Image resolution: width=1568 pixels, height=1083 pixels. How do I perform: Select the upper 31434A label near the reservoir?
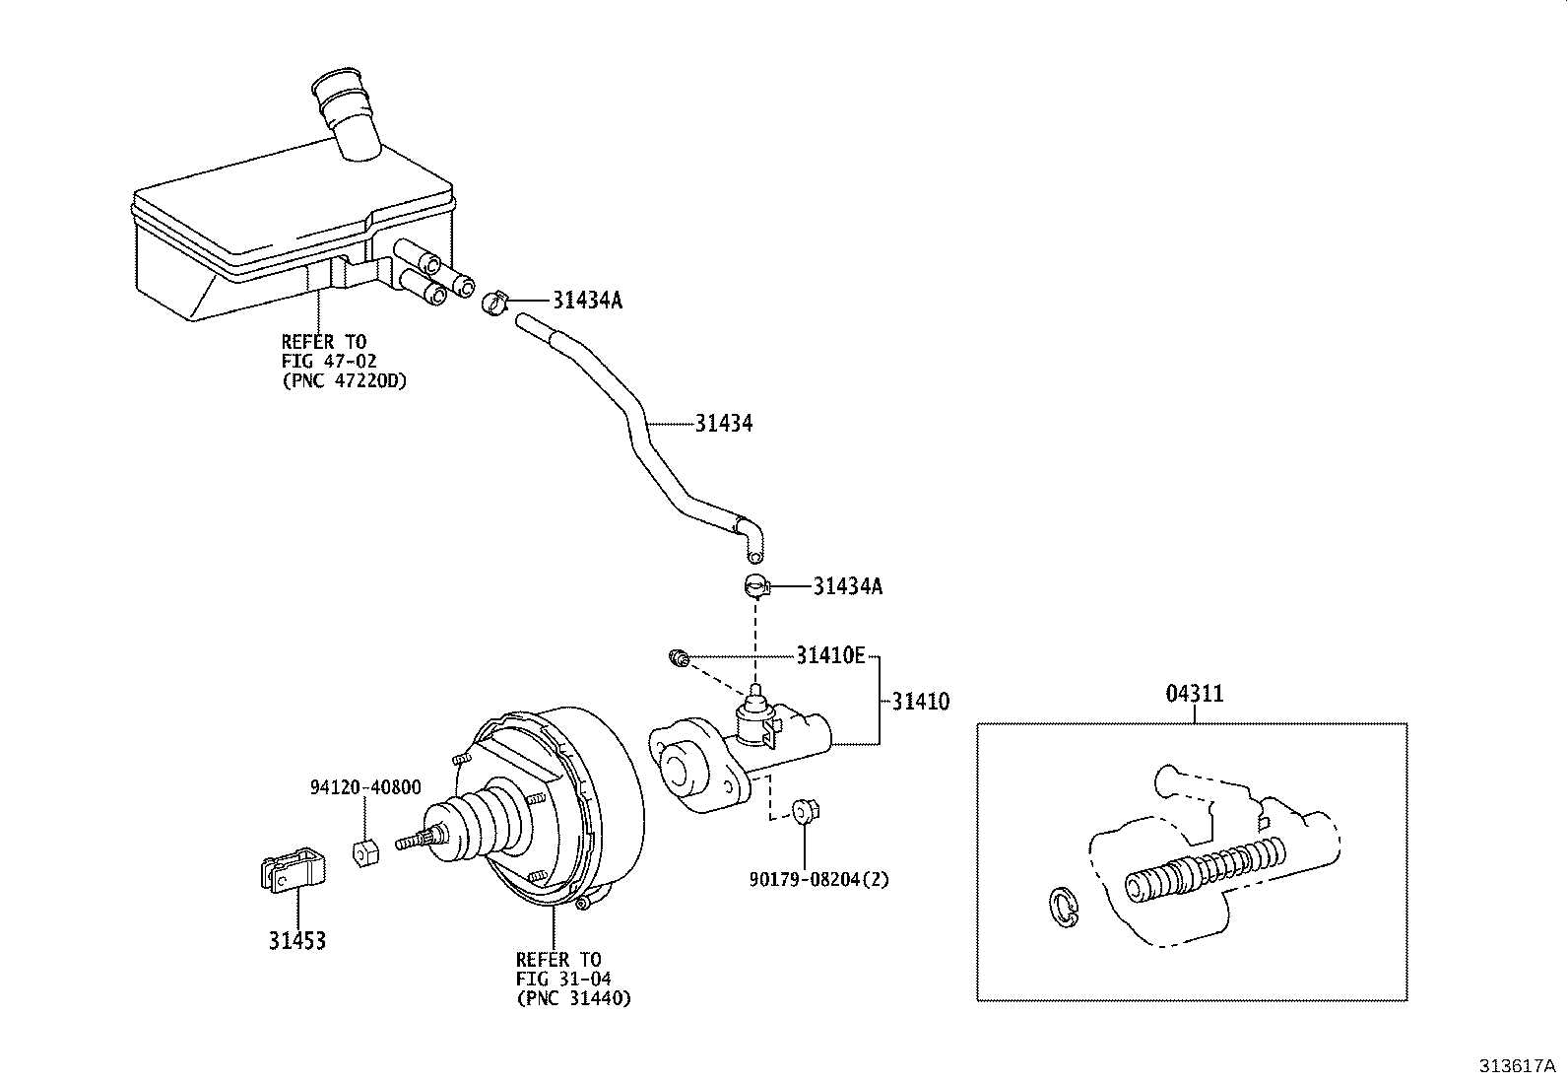(587, 301)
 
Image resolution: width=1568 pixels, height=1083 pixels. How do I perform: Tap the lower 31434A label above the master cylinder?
(847, 586)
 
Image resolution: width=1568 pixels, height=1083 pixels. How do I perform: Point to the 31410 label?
(921, 702)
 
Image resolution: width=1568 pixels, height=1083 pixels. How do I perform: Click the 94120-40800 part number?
(365, 787)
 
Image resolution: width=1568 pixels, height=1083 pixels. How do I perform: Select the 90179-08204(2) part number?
(817, 879)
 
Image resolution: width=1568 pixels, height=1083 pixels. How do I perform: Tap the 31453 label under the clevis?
(296, 941)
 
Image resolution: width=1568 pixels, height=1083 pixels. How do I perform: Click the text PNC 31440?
(572, 998)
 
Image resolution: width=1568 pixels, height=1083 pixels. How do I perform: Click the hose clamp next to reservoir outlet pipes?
(495, 301)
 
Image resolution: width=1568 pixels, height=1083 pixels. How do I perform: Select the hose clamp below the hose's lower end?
(755, 585)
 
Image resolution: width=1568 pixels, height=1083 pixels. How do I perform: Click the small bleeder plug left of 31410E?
(677, 656)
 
